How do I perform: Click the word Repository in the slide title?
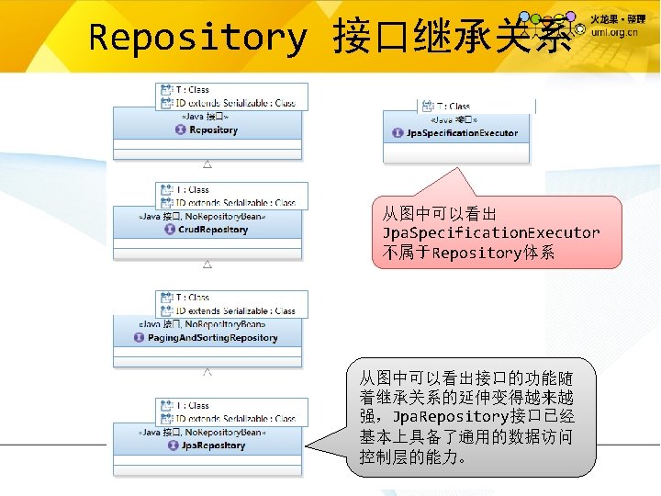coord(197,38)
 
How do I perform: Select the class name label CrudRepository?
coord(206,230)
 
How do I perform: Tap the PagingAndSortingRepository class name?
coord(212,337)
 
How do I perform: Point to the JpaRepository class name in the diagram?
coord(207,445)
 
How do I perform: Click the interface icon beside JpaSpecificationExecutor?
coord(398,133)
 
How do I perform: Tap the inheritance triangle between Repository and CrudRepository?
coord(207,164)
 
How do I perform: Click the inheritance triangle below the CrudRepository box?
coord(207,265)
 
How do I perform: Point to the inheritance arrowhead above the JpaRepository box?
coord(207,373)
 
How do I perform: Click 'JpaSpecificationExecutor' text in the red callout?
coord(491,232)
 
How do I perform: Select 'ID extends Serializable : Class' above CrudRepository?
coord(235,202)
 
